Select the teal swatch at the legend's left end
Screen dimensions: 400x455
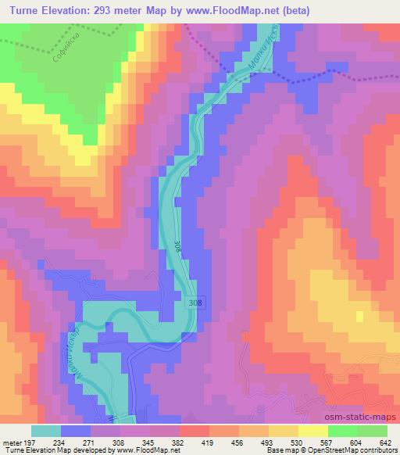pyautogui.click(x=46, y=431)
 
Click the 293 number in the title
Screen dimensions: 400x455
pyautogui.click(x=122, y=10)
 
